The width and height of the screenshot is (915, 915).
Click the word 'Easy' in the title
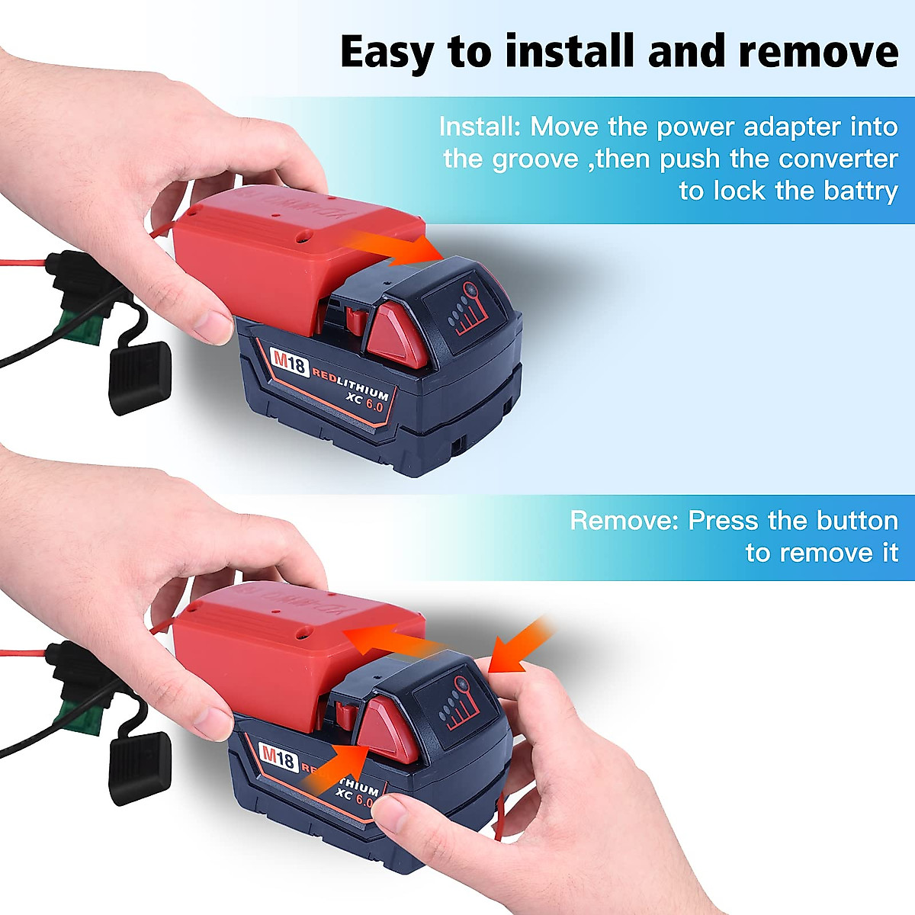click(x=388, y=52)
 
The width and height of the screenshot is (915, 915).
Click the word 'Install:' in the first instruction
click(x=480, y=127)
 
